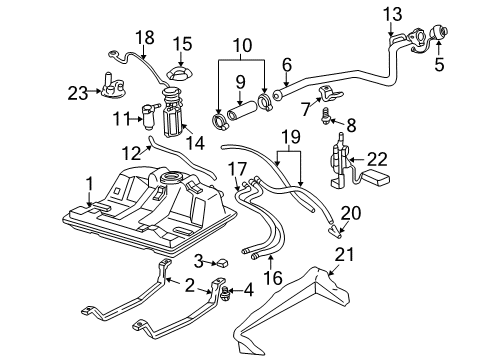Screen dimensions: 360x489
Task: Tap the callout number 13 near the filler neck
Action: coord(391,14)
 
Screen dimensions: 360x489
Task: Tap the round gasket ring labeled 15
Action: coord(178,75)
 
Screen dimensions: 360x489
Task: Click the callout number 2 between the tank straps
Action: coord(189,286)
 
